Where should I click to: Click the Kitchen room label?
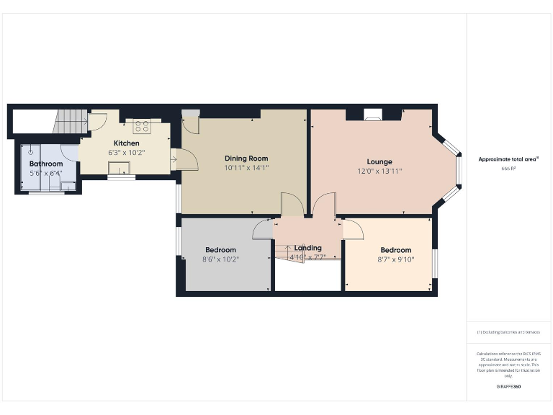click(x=126, y=143)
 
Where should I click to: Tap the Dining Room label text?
click(x=246, y=159)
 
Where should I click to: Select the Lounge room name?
click(x=379, y=162)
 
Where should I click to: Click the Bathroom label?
click(x=46, y=164)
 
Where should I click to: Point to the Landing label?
click(x=308, y=248)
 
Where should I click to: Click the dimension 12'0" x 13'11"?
click(x=379, y=171)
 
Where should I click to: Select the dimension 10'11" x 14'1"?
click(x=246, y=168)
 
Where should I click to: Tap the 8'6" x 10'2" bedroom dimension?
click(x=220, y=259)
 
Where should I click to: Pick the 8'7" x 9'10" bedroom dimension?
click(x=396, y=260)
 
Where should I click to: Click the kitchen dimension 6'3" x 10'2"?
click(x=127, y=153)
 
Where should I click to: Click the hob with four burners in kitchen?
click(x=141, y=126)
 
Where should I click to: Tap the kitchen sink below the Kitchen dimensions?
click(x=119, y=168)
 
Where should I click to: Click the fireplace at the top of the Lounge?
click(x=373, y=113)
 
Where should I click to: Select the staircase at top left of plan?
click(x=69, y=122)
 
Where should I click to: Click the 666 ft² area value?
click(x=508, y=169)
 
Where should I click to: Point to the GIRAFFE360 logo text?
click(x=508, y=387)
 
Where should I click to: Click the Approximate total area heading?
click(x=508, y=159)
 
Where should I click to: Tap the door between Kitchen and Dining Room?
click(x=180, y=159)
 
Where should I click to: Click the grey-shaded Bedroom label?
click(x=220, y=250)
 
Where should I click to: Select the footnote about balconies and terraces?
click(x=508, y=332)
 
